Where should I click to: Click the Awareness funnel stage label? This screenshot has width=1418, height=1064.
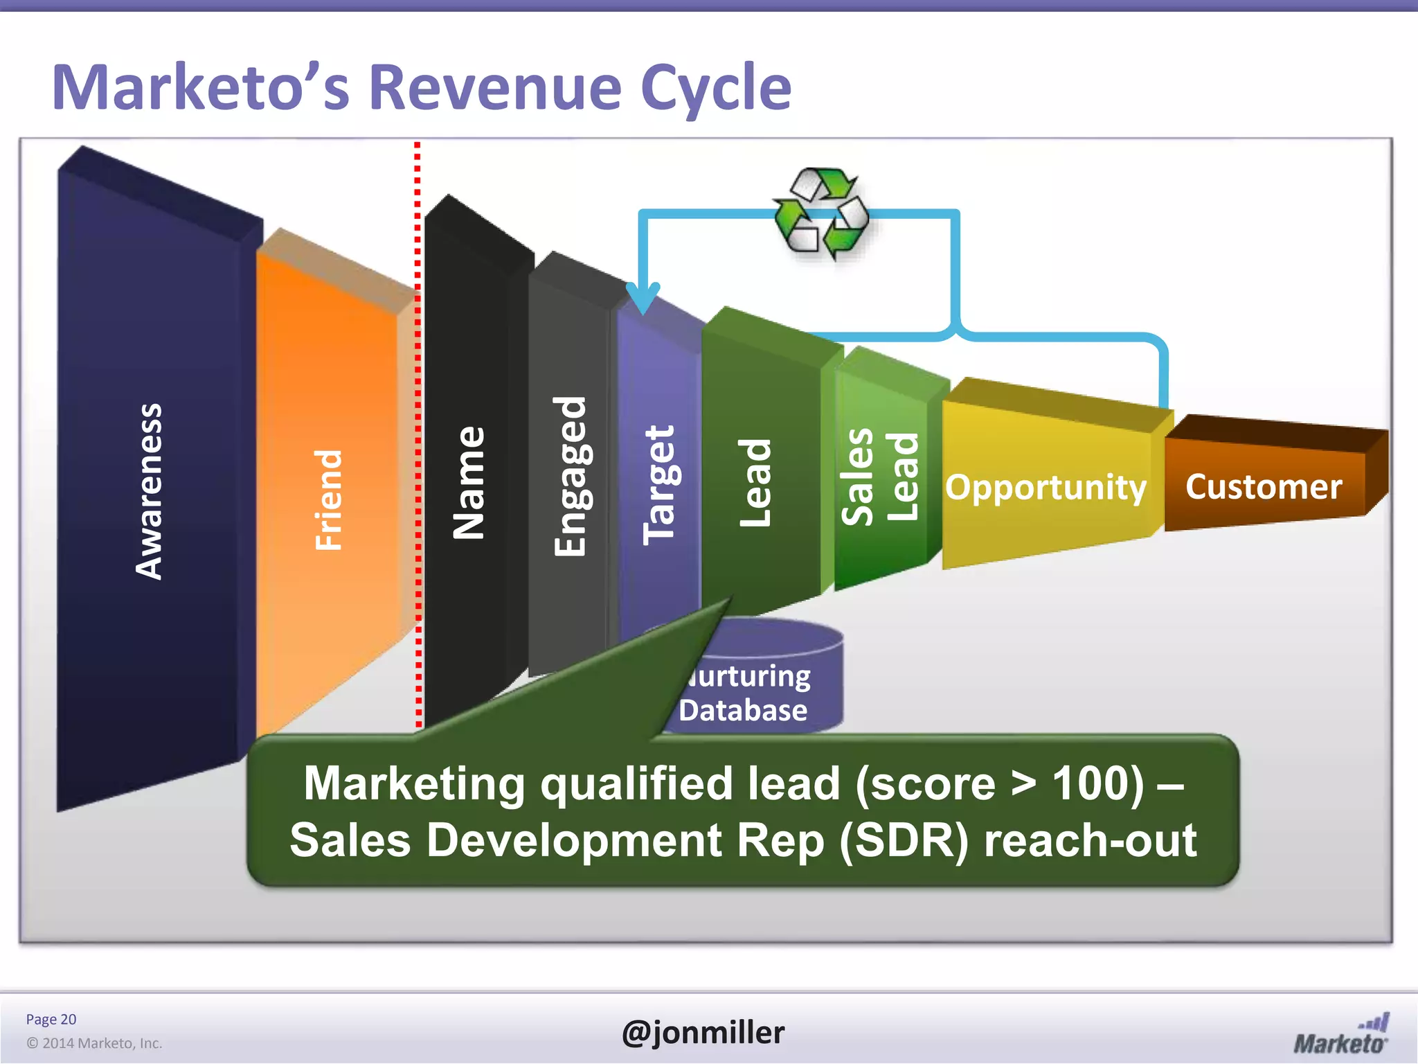point(149,491)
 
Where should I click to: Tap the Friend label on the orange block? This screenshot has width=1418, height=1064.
point(329,499)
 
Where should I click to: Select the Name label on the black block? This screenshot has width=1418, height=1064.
point(469,482)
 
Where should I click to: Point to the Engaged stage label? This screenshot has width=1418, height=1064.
point(571,476)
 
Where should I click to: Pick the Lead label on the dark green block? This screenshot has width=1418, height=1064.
point(755,482)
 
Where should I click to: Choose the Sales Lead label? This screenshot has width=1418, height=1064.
point(879,476)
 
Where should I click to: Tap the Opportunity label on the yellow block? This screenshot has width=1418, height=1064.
point(1045,487)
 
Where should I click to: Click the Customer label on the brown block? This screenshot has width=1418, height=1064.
point(1264,486)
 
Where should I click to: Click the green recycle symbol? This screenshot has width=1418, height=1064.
point(821,213)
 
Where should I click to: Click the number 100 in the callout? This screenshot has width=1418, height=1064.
point(1098,783)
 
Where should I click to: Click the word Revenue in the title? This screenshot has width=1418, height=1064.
point(494,88)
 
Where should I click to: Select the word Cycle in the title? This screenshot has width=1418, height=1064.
point(716,88)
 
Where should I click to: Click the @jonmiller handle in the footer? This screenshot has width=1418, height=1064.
point(703,1032)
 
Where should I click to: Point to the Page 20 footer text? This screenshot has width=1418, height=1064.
point(51,1019)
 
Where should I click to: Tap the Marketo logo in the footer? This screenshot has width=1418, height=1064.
point(1341,1035)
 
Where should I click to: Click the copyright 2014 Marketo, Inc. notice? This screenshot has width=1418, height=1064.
point(94,1043)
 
